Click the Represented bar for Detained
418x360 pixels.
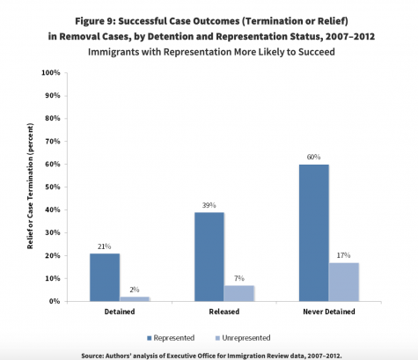point(105,277)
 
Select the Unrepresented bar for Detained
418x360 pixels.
point(135,299)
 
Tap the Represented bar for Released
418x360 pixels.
point(209,257)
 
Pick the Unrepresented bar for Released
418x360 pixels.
point(239,293)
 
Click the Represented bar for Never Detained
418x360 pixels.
point(314,233)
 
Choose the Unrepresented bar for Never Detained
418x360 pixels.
point(344,282)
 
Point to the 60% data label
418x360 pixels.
point(313,157)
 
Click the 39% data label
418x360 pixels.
point(209,205)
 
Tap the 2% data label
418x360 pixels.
point(135,290)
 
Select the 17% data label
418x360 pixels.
point(343,255)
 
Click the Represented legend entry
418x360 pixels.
point(171,338)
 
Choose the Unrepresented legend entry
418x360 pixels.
point(243,338)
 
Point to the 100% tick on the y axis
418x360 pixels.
point(51,72)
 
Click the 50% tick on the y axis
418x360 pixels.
point(53,187)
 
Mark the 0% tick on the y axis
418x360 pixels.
point(55,301)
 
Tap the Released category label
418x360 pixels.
point(224,312)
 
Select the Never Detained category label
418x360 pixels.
point(329,312)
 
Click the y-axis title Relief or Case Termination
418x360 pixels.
point(30,186)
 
